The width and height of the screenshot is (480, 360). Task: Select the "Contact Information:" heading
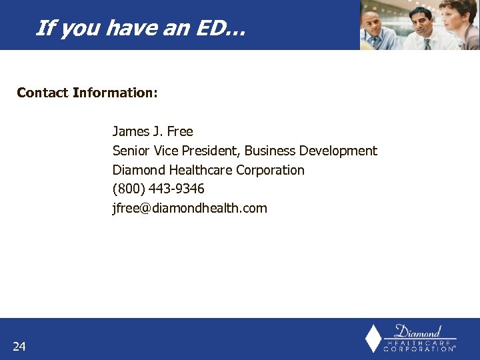[87, 93]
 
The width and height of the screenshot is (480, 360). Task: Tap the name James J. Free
[153, 131]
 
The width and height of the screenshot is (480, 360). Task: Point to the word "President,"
[211, 151]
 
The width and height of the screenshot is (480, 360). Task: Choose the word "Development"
[338, 151]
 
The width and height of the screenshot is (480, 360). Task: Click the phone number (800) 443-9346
[159, 189]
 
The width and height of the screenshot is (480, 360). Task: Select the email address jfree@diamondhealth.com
[189, 208]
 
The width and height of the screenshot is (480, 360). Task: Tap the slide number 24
[19, 346]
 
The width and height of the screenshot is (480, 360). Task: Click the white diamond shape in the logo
[373, 338]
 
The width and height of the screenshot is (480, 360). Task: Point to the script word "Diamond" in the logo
[418, 331]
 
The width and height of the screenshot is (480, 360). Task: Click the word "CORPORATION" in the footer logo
[419, 349]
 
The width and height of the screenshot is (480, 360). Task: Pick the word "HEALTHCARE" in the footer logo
[419, 341]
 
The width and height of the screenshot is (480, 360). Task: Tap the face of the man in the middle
[420, 20]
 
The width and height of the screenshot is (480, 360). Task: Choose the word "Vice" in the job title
[166, 151]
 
